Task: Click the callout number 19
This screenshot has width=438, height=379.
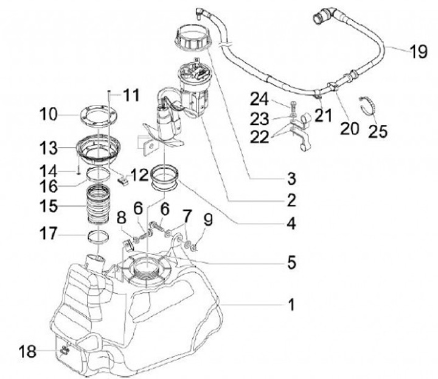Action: point(417,52)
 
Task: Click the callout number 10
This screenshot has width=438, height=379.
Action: point(49,114)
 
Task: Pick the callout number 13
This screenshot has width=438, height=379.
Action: point(49,148)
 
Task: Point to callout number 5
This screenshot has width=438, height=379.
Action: point(291,263)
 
